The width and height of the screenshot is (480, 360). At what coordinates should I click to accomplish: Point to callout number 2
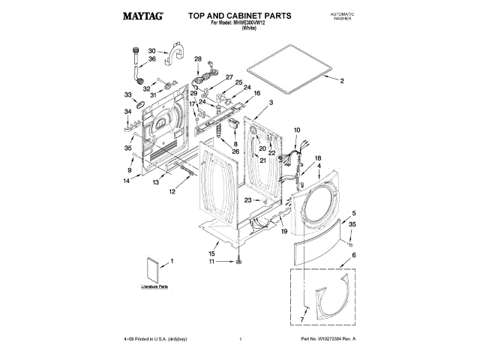click(343, 80)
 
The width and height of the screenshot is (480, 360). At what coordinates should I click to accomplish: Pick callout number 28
click(198, 59)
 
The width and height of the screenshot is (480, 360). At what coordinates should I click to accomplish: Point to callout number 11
click(211, 262)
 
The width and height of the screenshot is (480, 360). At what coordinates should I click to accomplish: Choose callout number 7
click(302, 320)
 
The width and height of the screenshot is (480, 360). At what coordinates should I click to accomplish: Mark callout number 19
click(284, 232)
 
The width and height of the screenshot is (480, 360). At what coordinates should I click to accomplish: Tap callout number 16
click(257, 94)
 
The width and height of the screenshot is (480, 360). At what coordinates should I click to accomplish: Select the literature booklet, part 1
click(154, 268)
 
